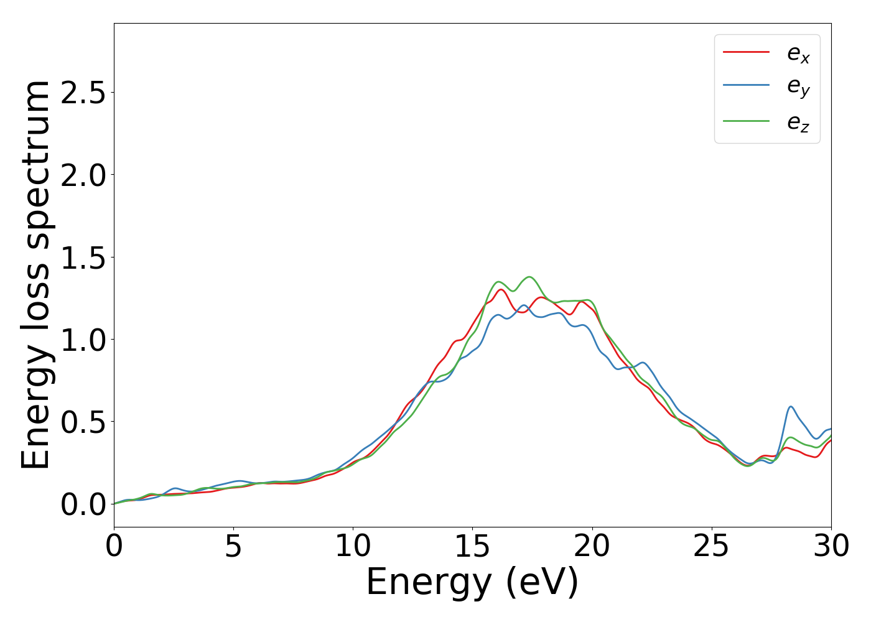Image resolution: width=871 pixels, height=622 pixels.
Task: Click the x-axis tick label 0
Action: [114, 546]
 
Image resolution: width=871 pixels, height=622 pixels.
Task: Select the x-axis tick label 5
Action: [233, 546]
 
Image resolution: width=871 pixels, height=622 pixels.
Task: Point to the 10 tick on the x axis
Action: [353, 546]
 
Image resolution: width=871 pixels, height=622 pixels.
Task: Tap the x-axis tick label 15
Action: [472, 546]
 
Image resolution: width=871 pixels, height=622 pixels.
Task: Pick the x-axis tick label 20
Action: [592, 546]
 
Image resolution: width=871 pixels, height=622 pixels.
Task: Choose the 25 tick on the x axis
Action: [711, 546]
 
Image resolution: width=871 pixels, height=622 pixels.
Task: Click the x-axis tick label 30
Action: [831, 546]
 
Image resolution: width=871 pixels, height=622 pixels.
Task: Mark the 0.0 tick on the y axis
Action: [83, 504]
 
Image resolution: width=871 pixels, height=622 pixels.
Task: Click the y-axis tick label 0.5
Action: [83, 422]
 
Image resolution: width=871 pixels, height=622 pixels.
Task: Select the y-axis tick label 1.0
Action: [83, 340]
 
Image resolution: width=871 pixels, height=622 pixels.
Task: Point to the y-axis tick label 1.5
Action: [83, 257]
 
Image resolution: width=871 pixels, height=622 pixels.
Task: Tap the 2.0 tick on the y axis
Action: [83, 175]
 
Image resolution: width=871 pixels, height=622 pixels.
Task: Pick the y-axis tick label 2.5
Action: [83, 93]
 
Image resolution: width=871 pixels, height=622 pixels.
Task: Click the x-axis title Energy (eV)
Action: [472, 583]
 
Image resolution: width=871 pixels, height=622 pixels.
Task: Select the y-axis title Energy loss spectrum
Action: [35, 274]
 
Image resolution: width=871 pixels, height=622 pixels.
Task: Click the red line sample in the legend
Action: [746, 52]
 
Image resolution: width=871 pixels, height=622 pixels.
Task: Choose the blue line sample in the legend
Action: [746, 86]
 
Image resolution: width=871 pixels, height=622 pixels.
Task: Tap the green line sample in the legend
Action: [746, 121]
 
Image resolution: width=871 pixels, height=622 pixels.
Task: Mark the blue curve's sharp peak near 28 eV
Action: [791, 407]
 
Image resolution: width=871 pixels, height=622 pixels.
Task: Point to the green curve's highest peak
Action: [529, 277]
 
